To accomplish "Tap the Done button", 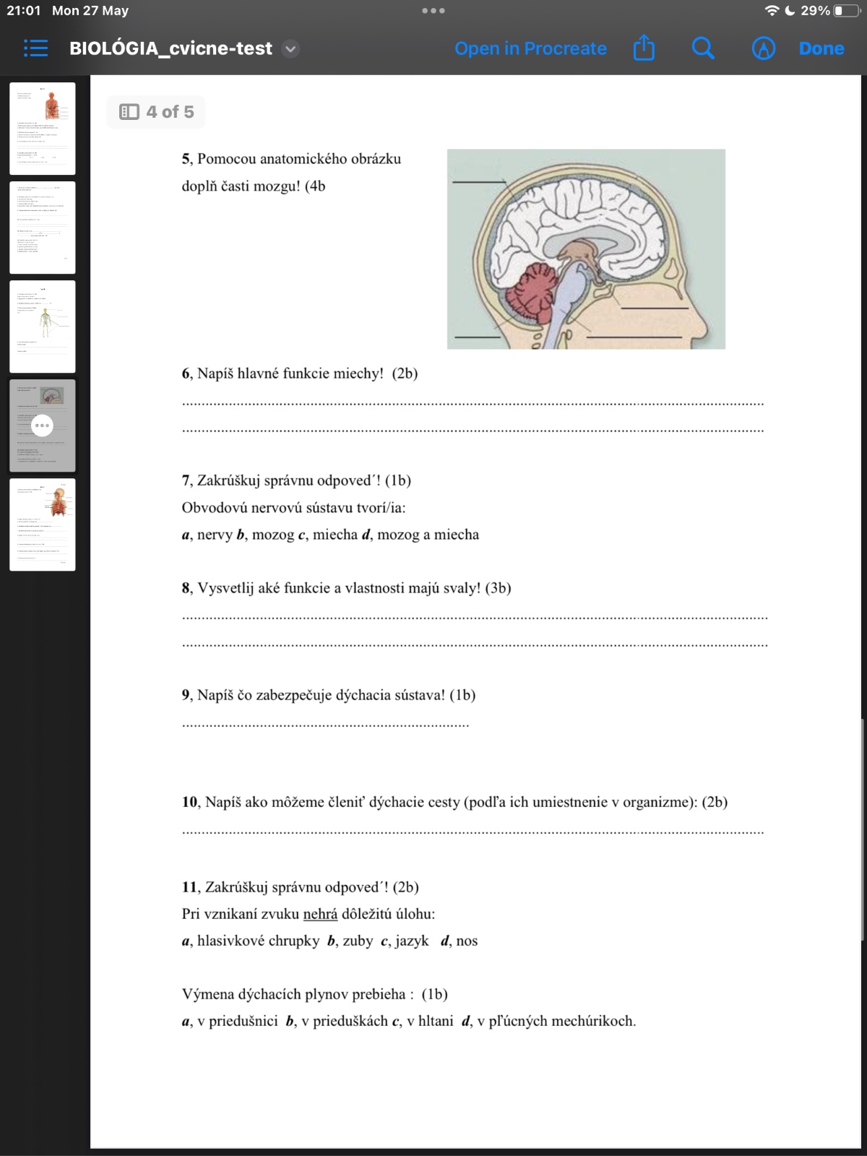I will pos(821,48).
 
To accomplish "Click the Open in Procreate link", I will pos(530,48).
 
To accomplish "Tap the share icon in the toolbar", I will pos(644,48).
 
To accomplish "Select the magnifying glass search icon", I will pos(702,48).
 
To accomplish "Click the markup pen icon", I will pos(763,48).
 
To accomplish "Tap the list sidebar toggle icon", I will pos(35,48).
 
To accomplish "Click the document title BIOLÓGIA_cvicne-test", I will pos(171,48).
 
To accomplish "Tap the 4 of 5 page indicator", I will pos(157,112).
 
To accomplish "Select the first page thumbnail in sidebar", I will pos(43,129).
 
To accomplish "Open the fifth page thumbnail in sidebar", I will pos(43,525).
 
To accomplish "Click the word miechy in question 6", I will pos(358,374).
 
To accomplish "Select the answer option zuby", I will pos(358,941).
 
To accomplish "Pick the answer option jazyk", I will pos(411,941).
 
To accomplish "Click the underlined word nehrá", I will pos(320,914).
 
